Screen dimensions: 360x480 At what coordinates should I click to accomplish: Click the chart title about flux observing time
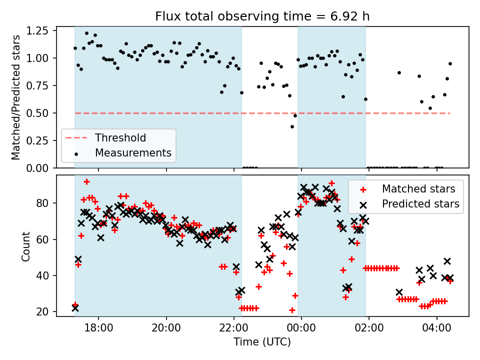pyautogui.click(x=262, y=16)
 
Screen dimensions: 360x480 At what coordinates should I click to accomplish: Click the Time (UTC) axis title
pyautogui.click(x=262, y=342)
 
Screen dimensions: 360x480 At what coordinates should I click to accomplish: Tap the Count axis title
pyautogui.click(x=26, y=246)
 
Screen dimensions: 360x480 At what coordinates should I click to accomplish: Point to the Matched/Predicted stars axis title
pyautogui.click(x=16, y=97)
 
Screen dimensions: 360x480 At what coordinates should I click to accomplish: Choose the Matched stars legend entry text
pyautogui.click(x=418, y=189)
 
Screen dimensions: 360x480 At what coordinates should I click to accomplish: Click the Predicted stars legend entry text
pyautogui.click(x=420, y=203)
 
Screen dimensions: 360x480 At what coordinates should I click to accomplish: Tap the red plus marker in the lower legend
pyautogui.click(x=363, y=189)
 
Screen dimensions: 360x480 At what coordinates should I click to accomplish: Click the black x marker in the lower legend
pyautogui.click(x=363, y=204)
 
